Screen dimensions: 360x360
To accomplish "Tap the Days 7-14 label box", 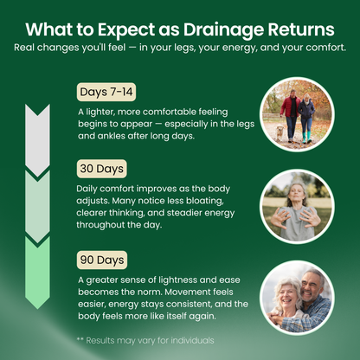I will pos(105,92).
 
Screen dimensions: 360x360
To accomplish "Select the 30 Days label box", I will pos(100,168).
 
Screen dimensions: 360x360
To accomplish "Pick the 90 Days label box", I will pos(100,260).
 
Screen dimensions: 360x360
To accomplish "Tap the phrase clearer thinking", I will pos(113,212).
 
